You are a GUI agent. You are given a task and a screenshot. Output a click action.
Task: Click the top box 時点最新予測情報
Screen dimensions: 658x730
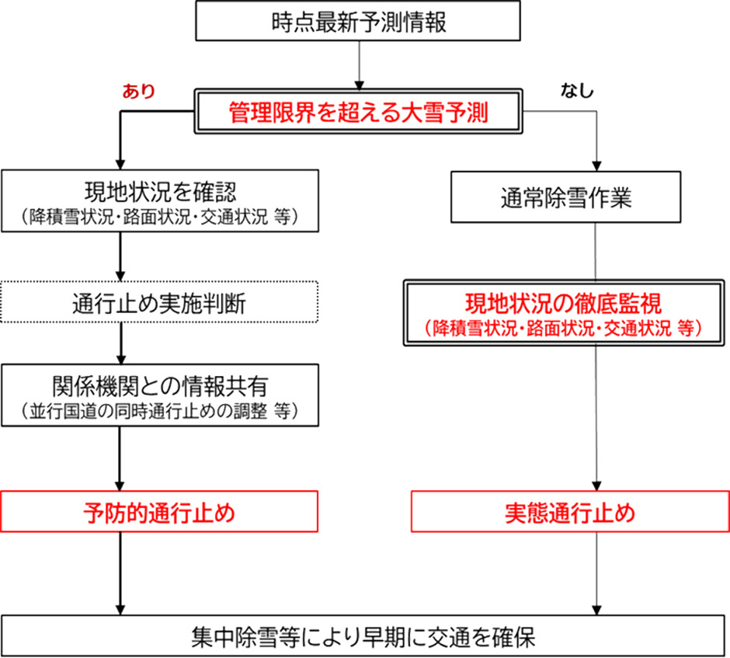coord(359,22)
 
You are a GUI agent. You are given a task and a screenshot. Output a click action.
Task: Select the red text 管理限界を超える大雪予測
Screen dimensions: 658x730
coord(358,114)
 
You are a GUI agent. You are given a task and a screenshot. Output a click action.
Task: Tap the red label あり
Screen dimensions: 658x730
coord(139,90)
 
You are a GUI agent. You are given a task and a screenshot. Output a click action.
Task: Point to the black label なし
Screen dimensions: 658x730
coord(576,90)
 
